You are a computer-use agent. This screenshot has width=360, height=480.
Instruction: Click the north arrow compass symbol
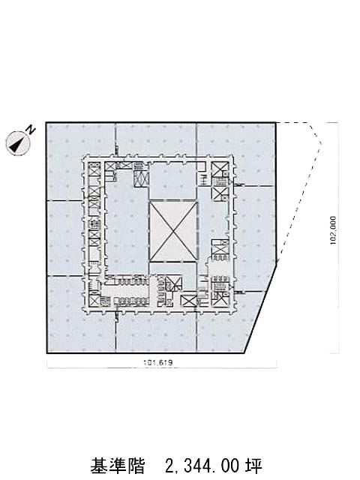[x=18, y=143]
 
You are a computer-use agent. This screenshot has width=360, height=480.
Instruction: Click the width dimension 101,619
[x=158, y=363]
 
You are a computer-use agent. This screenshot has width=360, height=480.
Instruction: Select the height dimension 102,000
[x=333, y=230]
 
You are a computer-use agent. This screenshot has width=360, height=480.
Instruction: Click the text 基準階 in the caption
[x=117, y=466]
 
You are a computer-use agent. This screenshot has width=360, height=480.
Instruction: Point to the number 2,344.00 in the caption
[x=202, y=466]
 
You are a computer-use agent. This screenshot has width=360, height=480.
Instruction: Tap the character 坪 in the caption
[x=253, y=466]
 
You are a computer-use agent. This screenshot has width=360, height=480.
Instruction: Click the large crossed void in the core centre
[x=173, y=231]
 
